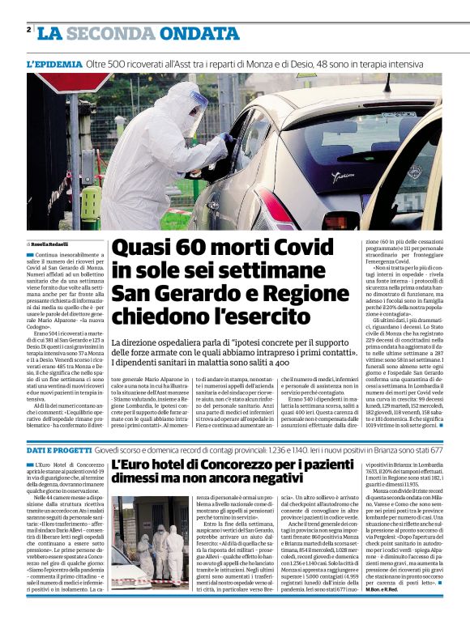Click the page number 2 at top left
coord(29,30)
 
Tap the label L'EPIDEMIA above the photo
coord(53,63)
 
